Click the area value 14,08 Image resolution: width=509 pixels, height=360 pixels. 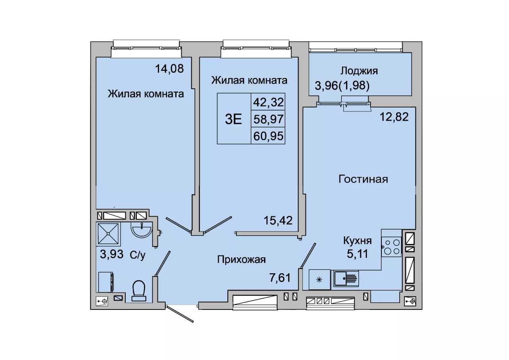pyautogui.click(x=169, y=69)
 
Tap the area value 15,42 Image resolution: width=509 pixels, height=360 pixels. pyautogui.click(x=278, y=220)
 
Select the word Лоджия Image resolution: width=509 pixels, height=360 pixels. pyautogui.click(x=359, y=71)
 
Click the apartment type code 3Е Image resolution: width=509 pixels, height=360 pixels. pyautogui.click(x=233, y=120)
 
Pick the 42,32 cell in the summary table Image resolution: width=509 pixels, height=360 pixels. pyautogui.click(x=268, y=102)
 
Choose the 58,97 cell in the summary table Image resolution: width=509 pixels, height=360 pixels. pyautogui.click(x=268, y=119)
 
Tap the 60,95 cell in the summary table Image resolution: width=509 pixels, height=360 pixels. pyautogui.click(x=268, y=136)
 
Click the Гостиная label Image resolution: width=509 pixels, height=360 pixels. pyautogui.click(x=363, y=179)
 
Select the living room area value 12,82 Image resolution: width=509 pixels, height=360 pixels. pyautogui.click(x=394, y=117)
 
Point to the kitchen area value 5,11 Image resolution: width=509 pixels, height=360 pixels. pyautogui.click(x=357, y=253)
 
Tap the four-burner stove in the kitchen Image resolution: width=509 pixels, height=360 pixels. pyautogui.click(x=392, y=247)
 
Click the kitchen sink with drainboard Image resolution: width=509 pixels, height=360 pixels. pyautogui.click(x=346, y=278)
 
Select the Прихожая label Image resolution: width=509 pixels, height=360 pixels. pyautogui.click(x=241, y=260)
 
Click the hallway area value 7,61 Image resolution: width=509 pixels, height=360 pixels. pyautogui.click(x=280, y=278)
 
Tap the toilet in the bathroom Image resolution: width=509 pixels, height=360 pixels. pyautogui.click(x=139, y=291)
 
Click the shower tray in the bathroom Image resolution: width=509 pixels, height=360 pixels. pyautogui.click(x=109, y=234)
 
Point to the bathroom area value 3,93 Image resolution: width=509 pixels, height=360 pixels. pyautogui.click(x=112, y=254)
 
